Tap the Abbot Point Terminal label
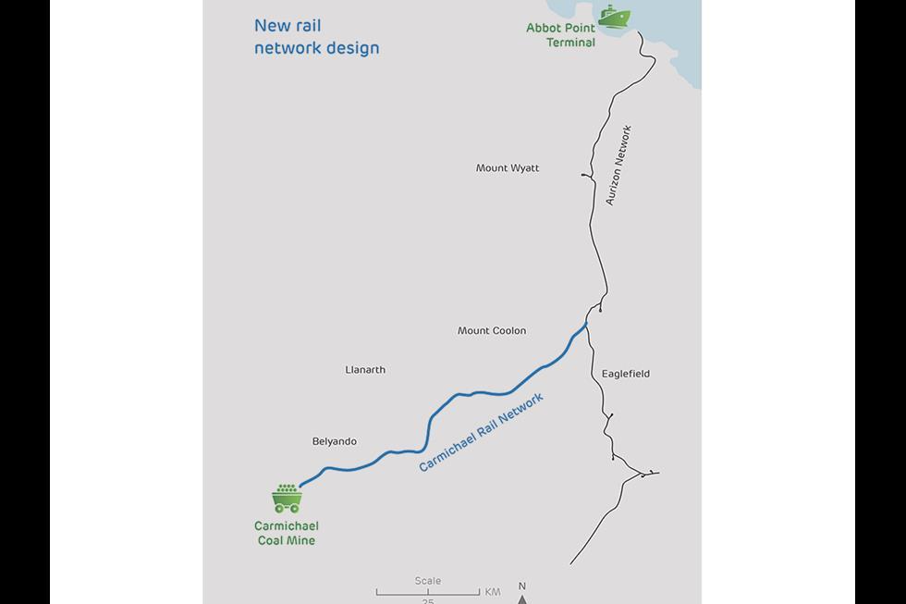click(x=561, y=35)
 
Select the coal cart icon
click(x=287, y=499)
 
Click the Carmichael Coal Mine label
click(x=286, y=533)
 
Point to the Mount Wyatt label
click(x=508, y=168)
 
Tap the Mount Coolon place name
click(x=492, y=330)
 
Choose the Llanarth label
click(x=365, y=370)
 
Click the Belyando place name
click(x=335, y=442)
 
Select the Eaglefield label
click(x=626, y=374)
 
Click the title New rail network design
click(x=316, y=37)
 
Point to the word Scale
click(x=428, y=581)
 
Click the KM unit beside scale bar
click(x=492, y=591)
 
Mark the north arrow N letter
click(x=522, y=586)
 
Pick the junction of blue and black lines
click(x=586, y=323)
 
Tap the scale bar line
click(x=427, y=592)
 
